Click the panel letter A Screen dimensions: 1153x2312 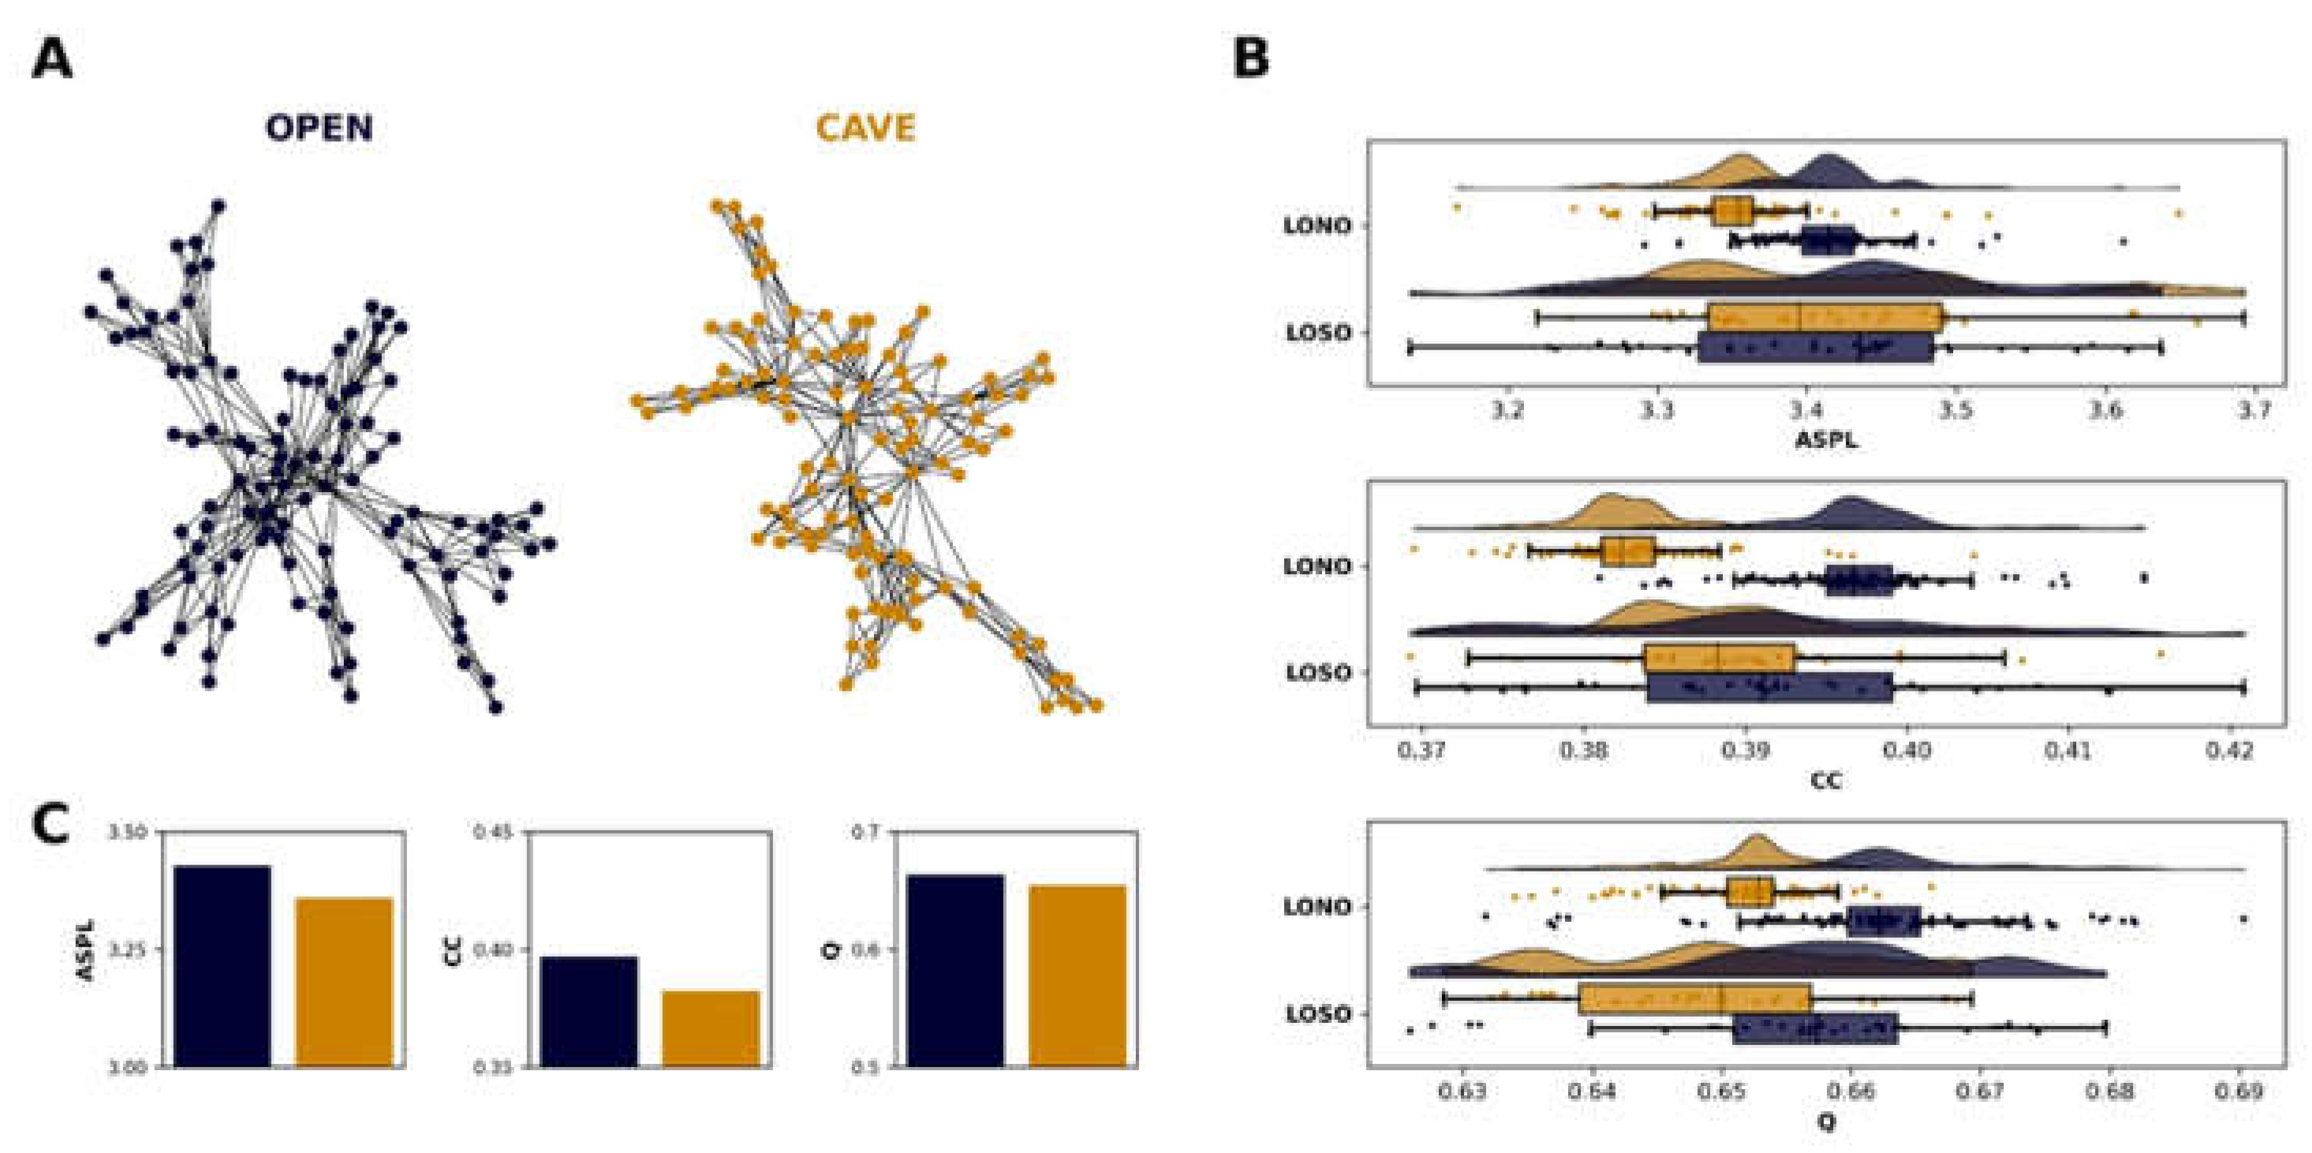(x=51, y=61)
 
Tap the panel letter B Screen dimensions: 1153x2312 (x=1251, y=59)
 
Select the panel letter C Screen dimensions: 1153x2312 (x=50, y=823)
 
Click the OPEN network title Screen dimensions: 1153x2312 (x=319, y=129)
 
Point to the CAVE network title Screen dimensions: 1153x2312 (x=865, y=129)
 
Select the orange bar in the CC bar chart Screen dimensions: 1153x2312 (x=711, y=1028)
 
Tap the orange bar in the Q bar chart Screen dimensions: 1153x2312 (x=1077, y=976)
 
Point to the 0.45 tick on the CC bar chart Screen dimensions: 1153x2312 (x=493, y=833)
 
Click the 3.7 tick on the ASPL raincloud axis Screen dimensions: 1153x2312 (x=2254, y=411)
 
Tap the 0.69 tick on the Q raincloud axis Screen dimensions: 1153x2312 (x=2239, y=1091)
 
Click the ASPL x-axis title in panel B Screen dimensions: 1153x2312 (x=1825, y=439)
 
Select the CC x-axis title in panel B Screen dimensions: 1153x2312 (x=1825, y=781)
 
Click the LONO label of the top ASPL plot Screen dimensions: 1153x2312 (x=1317, y=226)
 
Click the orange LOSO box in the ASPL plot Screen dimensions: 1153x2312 (x=1825, y=318)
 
